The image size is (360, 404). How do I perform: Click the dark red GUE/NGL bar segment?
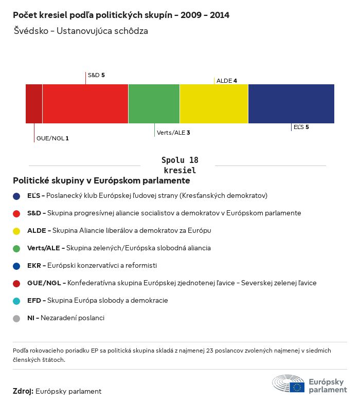(34, 104)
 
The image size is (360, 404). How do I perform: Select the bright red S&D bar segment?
(85, 104)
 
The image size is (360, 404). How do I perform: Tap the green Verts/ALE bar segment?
(154, 104)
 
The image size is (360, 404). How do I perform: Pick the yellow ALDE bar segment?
(214, 104)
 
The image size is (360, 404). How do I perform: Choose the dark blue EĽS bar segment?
(291, 104)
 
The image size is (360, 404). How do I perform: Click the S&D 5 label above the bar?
(96, 75)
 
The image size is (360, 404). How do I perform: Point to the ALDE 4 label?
(227, 81)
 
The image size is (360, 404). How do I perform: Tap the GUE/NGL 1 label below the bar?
(52, 138)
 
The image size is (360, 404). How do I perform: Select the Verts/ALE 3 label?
(173, 133)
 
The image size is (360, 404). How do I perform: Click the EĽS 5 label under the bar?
(301, 126)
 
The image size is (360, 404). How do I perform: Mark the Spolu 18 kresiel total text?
(179, 165)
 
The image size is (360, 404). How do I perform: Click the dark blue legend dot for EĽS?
(16, 196)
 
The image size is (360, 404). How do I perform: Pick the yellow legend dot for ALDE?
(16, 231)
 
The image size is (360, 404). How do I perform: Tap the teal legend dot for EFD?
(16, 301)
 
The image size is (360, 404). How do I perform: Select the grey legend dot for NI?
(16, 318)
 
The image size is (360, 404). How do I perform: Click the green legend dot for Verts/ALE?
(16, 248)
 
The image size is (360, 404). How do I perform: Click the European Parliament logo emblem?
(289, 384)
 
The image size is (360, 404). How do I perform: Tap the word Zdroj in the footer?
(23, 391)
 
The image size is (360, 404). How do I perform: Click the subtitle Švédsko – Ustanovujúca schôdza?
(80, 31)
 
